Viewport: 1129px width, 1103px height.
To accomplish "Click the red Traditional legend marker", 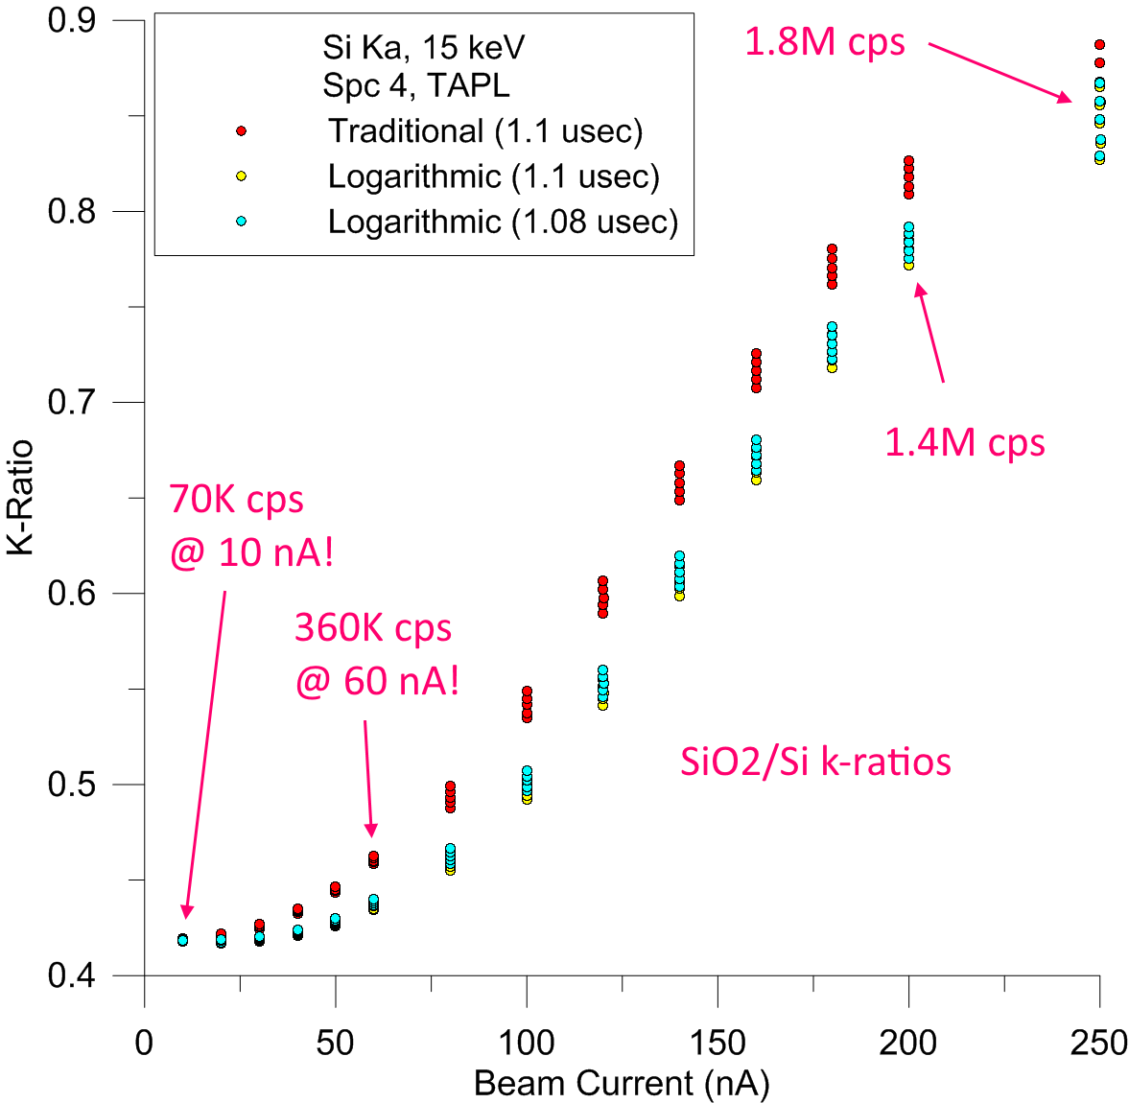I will click(242, 130).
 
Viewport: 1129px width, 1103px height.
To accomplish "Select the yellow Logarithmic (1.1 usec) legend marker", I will click(242, 176).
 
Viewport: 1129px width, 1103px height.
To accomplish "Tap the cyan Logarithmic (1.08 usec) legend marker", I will click(242, 222).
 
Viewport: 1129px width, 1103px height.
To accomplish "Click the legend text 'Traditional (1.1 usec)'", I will click(485, 130).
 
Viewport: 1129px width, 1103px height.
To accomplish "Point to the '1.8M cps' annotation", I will click(824, 42).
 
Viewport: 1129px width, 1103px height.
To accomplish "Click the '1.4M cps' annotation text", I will click(964, 443).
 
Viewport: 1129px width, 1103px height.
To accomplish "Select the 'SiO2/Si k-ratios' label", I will click(815, 762).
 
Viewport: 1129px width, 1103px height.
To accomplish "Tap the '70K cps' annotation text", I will click(236, 500).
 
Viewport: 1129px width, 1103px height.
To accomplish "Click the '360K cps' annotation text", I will click(372, 628).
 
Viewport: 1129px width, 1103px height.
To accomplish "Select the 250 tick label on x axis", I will click(1099, 1043).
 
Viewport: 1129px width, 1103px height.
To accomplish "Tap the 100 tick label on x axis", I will click(527, 1043).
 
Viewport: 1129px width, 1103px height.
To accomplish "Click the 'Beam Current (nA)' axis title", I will click(622, 1084).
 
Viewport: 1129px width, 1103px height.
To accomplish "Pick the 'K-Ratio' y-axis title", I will click(21, 497).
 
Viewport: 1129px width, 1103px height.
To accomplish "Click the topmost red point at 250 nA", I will click(1099, 45).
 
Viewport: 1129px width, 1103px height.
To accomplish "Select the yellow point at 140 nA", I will click(679, 596).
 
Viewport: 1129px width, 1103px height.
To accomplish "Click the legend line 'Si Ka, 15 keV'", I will click(423, 48).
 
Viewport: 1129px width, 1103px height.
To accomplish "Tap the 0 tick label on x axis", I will click(144, 1043).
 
